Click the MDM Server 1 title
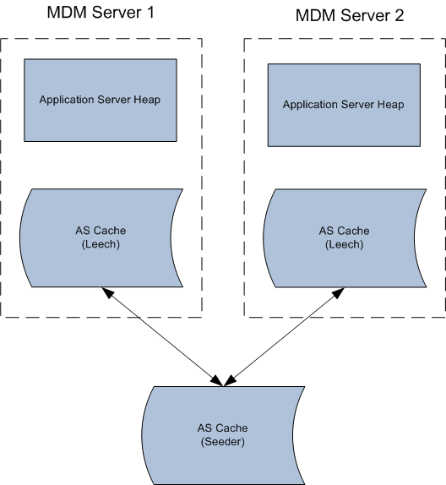(x=101, y=13)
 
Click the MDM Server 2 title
(x=350, y=15)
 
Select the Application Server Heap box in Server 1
(x=101, y=101)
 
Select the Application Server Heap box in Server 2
(x=344, y=105)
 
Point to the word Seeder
(x=223, y=442)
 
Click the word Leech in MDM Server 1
(x=101, y=244)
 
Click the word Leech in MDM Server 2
(x=344, y=245)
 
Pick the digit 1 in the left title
(x=150, y=13)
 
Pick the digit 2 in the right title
(x=400, y=15)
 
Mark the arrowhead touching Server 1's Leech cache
(x=107, y=292)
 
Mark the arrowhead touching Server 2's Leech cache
(x=338, y=293)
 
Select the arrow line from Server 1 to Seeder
(x=162, y=337)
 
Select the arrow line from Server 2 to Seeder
(x=284, y=337)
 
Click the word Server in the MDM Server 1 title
(x=117, y=13)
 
